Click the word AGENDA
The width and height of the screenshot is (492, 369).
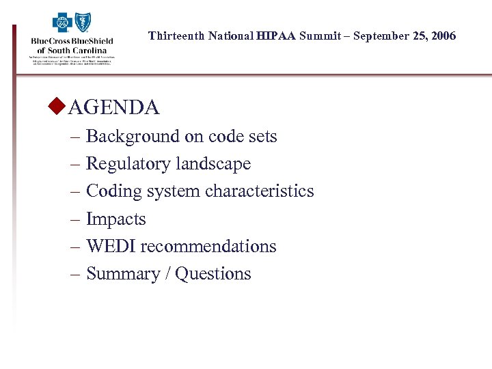114,107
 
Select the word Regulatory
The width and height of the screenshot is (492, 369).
128,164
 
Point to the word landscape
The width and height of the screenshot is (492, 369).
213,164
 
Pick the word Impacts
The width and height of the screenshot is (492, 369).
115,219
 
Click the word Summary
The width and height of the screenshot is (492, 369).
121,273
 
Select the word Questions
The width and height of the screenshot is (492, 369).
213,273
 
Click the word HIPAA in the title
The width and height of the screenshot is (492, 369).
277,36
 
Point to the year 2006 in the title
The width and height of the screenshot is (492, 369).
443,36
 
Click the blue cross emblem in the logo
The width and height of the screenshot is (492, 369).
63,25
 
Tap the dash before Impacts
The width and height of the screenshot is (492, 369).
75,219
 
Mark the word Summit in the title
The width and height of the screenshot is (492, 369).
318,36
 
